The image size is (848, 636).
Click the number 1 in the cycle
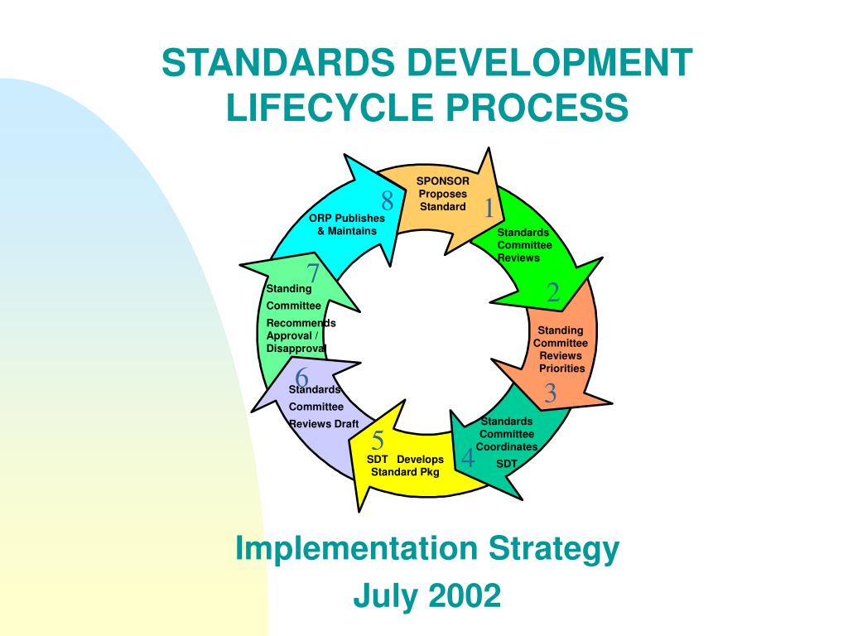pyautogui.click(x=489, y=208)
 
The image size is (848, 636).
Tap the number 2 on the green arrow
pyautogui.click(x=552, y=292)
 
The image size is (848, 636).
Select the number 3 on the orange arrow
pyautogui.click(x=550, y=393)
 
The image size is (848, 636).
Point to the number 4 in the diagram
pyautogui.click(x=469, y=457)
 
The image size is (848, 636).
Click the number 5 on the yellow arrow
pyautogui.click(x=378, y=441)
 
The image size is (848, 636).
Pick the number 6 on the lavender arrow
pyautogui.click(x=301, y=377)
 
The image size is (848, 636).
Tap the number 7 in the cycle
pyautogui.click(x=312, y=273)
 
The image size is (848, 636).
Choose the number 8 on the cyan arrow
pyautogui.click(x=388, y=201)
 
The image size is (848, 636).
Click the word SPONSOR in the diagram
pyautogui.click(x=443, y=181)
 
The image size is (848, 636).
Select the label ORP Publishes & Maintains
pyautogui.click(x=347, y=224)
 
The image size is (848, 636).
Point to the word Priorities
pyautogui.click(x=562, y=369)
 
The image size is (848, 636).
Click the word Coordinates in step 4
pyautogui.click(x=507, y=446)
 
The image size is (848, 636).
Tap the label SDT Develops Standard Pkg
pyautogui.click(x=405, y=465)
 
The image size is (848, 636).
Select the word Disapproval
pyautogui.click(x=296, y=349)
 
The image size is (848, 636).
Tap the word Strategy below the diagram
pyautogui.click(x=554, y=550)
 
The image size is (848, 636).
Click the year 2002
pyautogui.click(x=465, y=595)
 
